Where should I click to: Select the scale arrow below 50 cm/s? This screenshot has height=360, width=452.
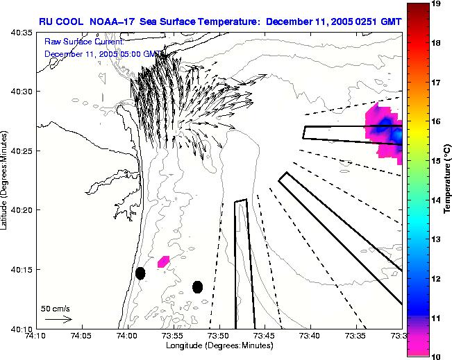click(58, 319)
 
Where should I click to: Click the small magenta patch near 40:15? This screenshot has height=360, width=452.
click(164, 262)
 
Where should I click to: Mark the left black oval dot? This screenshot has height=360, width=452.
click(140, 273)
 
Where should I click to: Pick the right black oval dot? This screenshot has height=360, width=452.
click(197, 286)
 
